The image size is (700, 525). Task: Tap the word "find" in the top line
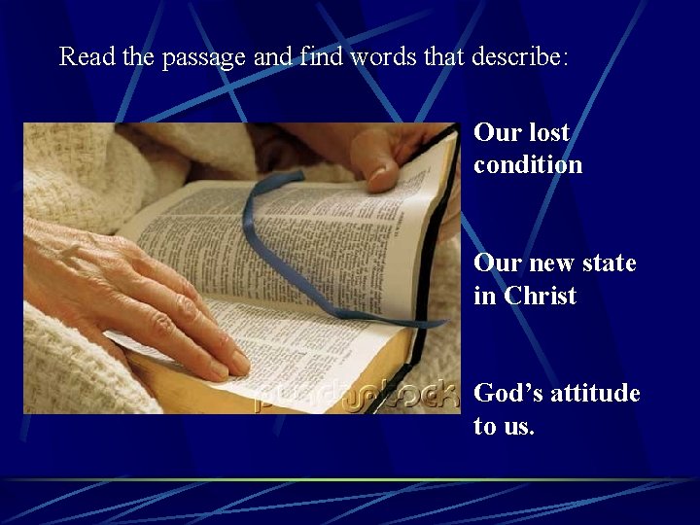(x=309, y=56)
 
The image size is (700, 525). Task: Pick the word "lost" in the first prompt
(x=549, y=132)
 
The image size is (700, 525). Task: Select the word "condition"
(x=528, y=165)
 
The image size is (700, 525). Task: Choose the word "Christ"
(x=541, y=297)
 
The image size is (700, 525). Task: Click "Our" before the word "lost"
(x=498, y=132)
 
